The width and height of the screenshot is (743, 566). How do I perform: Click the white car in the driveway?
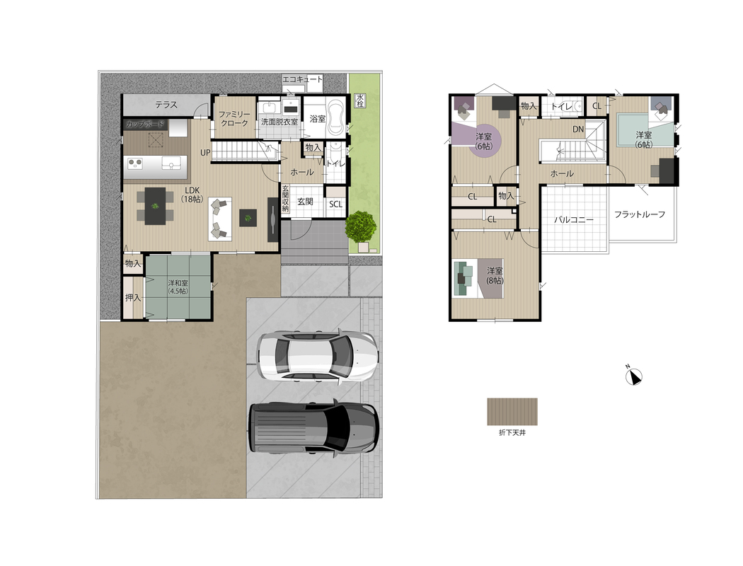(317, 356)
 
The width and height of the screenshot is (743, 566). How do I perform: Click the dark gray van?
(313, 428)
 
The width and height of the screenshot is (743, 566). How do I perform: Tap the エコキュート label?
(303, 79)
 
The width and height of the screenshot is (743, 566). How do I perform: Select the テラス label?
(166, 105)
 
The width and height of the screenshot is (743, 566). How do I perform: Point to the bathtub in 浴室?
(335, 117)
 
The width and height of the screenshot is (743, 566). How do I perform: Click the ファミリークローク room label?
(234, 118)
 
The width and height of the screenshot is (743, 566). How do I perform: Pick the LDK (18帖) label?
(192, 195)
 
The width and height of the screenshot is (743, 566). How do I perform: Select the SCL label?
(335, 204)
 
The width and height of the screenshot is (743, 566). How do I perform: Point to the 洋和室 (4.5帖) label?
(178, 287)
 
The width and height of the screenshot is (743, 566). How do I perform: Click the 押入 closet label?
(133, 298)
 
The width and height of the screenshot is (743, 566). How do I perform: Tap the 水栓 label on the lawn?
(360, 100)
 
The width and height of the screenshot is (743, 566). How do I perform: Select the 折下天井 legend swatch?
(512, 412)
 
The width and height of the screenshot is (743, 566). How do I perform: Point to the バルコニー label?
(574, 220)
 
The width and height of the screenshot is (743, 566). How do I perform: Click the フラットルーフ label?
(640, 214)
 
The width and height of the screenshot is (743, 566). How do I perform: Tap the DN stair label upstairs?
(578, 129)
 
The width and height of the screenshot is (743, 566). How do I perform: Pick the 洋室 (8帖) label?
(495, 276)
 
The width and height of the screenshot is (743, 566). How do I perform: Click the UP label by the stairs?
(205, 153)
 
